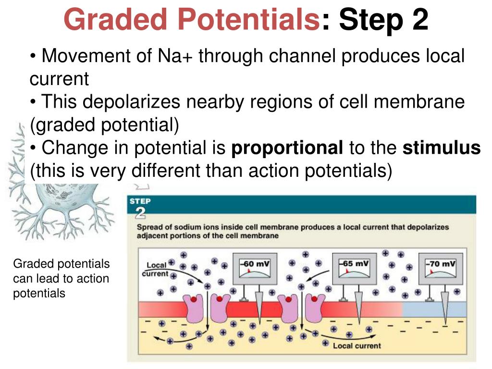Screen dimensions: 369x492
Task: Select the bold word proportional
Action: pos(287,148)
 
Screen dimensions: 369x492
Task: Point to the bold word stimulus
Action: pos(442,148)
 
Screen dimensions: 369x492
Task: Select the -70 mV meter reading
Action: pos(441,264)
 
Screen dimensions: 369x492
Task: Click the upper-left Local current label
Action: pos(156,269)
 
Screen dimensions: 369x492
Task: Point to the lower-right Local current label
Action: pos(357,345)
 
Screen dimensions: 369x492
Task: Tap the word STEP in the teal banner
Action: pos(140,201)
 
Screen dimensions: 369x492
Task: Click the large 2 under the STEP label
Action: pos(140,212)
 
